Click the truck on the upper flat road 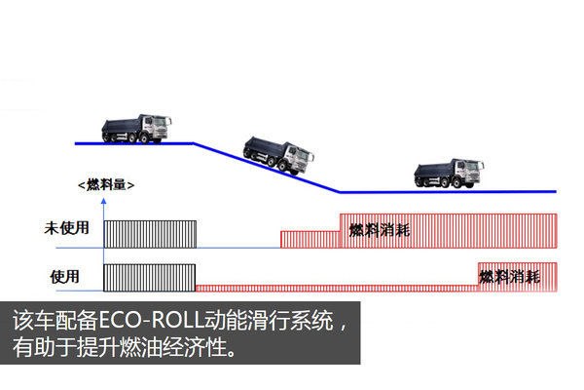coord(136,129)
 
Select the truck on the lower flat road coord(448,175)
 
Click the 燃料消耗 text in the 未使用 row coord(381,230)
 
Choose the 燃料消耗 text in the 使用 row coord(509,277)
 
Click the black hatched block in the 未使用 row coord(150,234)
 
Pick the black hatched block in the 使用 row coord(150,277)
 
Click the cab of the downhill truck coord(299,157)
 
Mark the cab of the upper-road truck coord(159,127)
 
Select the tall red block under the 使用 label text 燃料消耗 coord(517,277)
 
